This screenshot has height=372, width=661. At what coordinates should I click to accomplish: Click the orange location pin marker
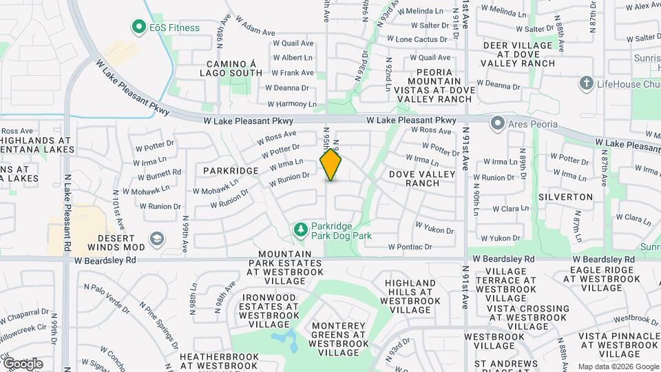[331, 165]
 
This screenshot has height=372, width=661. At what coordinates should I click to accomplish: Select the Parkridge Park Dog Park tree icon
[300, 229]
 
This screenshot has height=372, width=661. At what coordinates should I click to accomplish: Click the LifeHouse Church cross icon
[586, 83]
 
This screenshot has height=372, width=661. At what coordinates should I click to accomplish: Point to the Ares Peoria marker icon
[497, 124]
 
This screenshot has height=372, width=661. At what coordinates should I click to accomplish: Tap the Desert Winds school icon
[158, 238]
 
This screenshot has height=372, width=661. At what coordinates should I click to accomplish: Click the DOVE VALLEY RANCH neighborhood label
[422, 178]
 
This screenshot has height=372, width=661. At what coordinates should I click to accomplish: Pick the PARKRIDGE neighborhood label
[231, 170]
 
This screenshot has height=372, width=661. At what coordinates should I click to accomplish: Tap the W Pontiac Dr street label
[410, 247]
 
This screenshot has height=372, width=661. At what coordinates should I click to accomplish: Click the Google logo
[23, 364]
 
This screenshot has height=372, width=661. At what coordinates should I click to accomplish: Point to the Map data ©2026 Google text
[618, 366]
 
